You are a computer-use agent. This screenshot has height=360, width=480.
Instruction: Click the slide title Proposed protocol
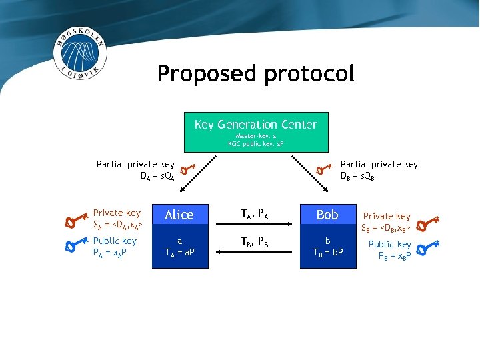click(x=255, y=73)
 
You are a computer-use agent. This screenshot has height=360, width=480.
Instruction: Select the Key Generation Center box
click(x=256, y=132)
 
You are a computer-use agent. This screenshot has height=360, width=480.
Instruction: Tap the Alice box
click(x=179, y=215)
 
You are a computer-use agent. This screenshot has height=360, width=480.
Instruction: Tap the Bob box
click(x=327, y=215)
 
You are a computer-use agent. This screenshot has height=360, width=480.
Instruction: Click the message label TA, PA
click(x=253, y=214)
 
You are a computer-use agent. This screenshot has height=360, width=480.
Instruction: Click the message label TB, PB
click(x=253, y=242)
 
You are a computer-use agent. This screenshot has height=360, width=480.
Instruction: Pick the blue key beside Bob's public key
click(x=427, y=249)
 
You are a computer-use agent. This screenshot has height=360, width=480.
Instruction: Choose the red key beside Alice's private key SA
click(x=77, y=218)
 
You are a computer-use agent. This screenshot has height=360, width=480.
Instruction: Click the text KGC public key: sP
click(x=256, y=143)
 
